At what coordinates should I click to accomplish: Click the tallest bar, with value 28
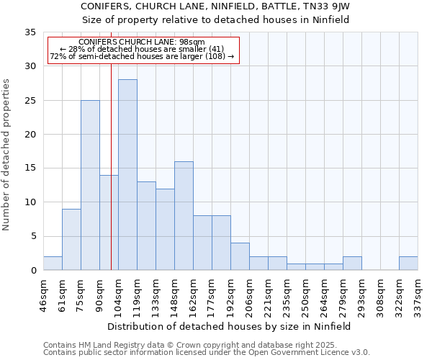[x=127, y=175]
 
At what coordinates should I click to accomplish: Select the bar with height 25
[x=90, y=185]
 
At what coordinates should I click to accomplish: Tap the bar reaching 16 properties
[x=184, y=216]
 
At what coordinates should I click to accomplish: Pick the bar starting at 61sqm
[x=71, y=239]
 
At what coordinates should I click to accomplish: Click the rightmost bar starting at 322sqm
[x=408, y=264]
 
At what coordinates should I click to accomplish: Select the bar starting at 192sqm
[x=240, y=257]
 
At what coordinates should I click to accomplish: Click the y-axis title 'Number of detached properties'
[x=7, y=155]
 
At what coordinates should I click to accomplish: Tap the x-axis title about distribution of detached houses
[x=230, y=326]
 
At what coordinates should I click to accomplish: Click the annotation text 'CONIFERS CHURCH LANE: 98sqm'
[x=142, y=42]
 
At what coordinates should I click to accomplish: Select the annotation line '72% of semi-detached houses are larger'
[x=142, y=56]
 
